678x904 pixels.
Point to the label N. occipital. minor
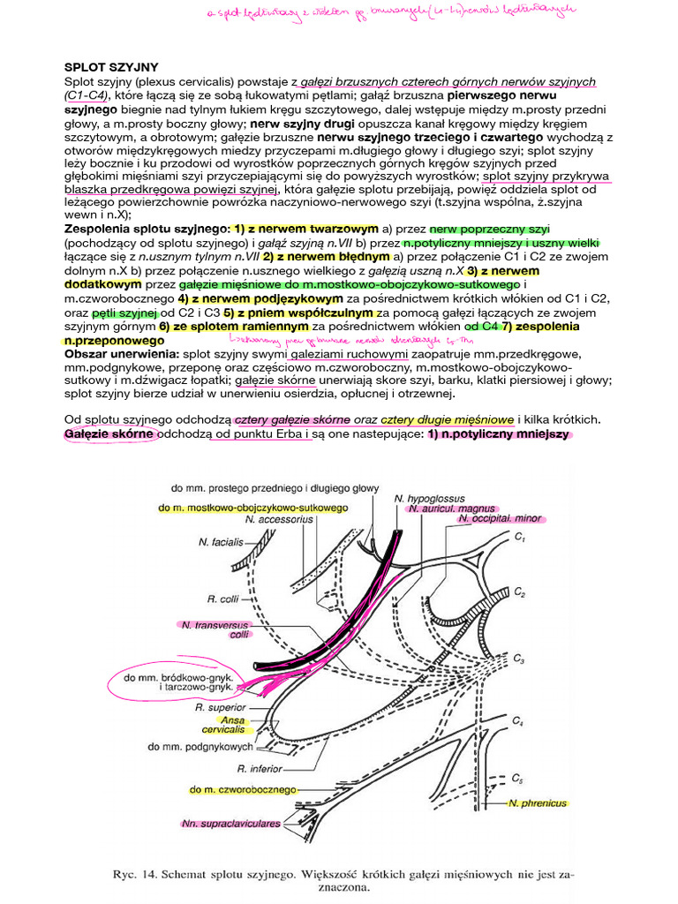499,520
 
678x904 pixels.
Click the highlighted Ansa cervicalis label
223,725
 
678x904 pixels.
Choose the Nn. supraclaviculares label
231,823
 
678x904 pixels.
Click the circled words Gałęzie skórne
109,434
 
